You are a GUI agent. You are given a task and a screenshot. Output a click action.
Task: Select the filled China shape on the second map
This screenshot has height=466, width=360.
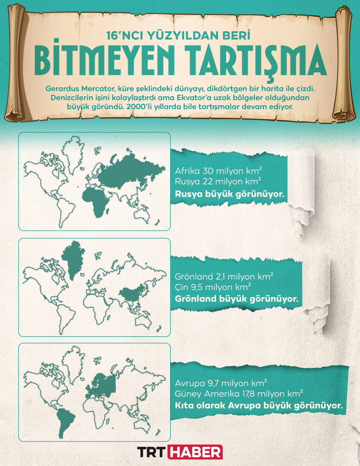point(130,293)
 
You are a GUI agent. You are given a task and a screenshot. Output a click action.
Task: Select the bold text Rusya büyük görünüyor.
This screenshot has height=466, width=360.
point(229,194)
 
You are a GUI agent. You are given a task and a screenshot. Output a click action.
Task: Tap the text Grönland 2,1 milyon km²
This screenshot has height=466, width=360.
point(224,276)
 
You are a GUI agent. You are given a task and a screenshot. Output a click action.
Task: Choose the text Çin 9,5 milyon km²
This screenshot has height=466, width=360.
point(213,287)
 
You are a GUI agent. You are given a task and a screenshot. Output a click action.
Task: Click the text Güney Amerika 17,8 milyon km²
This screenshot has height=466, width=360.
point(239,393)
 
